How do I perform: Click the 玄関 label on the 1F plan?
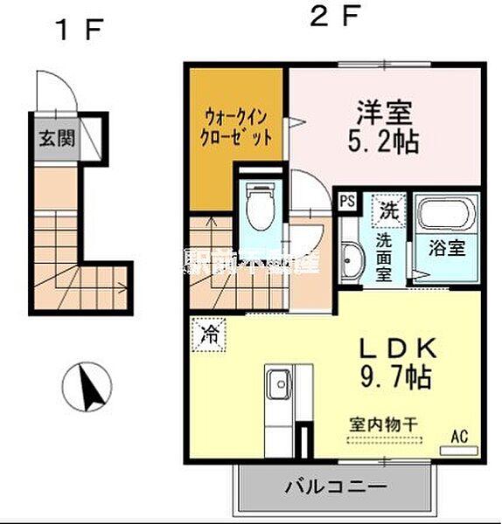(56, 138)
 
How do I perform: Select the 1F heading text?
(79, 31)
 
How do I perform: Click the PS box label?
(347, 199)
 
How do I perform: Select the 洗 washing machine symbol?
(387, 210)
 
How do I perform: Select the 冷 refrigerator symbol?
(209, 333)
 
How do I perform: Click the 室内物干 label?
(382, 424)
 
